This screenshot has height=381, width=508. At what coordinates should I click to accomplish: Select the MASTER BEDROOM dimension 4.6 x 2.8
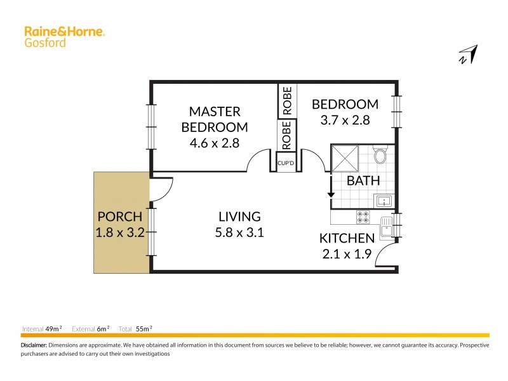coord(214,143)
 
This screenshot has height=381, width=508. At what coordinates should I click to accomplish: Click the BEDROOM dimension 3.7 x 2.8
coord(345,119)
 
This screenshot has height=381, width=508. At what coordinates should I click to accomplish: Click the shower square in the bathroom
coord(345,157)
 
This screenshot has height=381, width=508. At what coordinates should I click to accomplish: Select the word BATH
coord(363,181)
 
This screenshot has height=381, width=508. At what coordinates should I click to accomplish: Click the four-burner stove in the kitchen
coord(363,217)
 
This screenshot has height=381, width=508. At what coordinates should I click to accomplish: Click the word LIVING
coord(239,217)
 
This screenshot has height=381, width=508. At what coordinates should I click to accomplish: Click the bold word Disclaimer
coord(34,345)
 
